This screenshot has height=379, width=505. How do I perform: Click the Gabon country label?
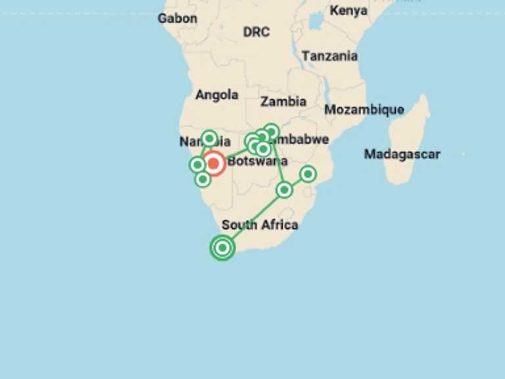click(x=177, y=18)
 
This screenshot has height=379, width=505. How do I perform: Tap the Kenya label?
click(x=349, y=11)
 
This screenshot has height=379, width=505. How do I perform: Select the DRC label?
click(x=256, y=32)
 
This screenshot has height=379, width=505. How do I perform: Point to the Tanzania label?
click(x=329, y=56)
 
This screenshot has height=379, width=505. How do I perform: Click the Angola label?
click(x=216, y=95)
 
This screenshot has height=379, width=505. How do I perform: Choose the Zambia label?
click(x=283, y=101)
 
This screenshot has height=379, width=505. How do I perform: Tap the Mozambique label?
click(x=364, y=109)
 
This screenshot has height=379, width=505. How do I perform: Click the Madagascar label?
click(x=402, y=154)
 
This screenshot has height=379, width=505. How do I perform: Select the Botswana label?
click(x=257, y=161)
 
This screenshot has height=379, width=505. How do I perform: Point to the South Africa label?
click(x=260, y=224)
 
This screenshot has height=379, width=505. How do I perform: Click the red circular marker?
click(x=213, y=163)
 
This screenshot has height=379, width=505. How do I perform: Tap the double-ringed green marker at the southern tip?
click(x=223, y=247)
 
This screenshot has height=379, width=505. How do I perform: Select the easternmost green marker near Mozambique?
click(x=308, y=174)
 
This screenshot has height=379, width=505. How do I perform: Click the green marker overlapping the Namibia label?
click(x=209, y=138)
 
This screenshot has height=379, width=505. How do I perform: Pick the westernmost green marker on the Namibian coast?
click(x=197, y=164)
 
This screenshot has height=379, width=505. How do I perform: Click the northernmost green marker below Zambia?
click(x=271, y=131)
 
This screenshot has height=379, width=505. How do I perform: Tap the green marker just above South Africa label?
click(x=284, y=189)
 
